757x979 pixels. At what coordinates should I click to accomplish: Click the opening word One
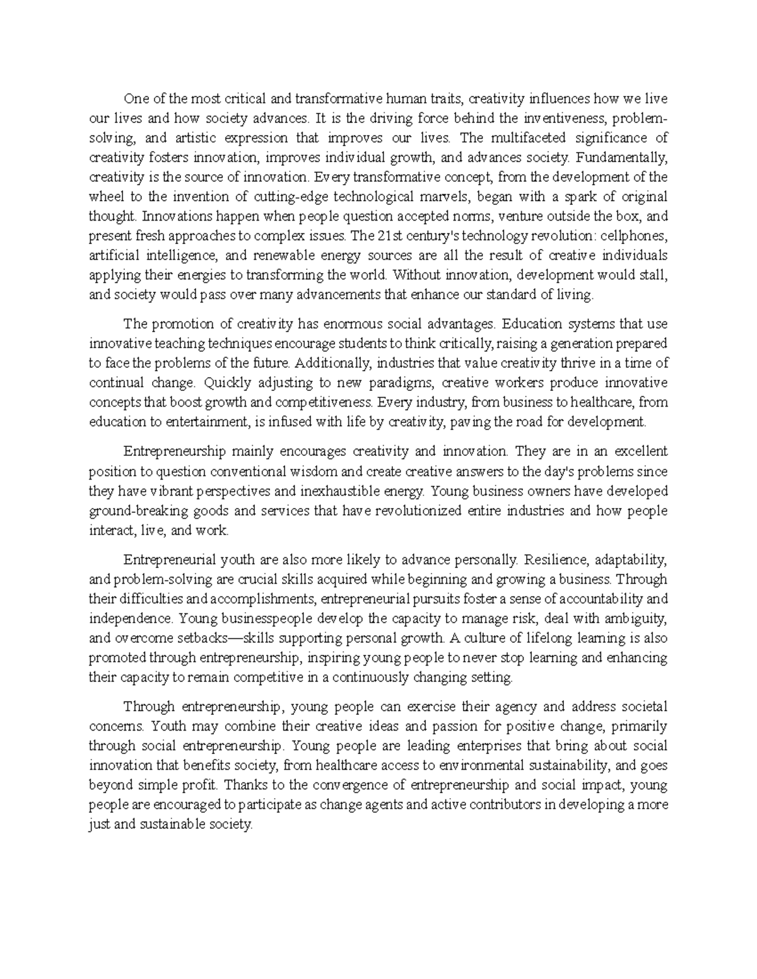pyautogui.click(x=134, y=99)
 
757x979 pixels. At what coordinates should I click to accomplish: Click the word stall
pyautogui.click(x=655, y=275)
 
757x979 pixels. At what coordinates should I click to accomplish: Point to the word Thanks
pyautogui.click(x=242, y=785)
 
